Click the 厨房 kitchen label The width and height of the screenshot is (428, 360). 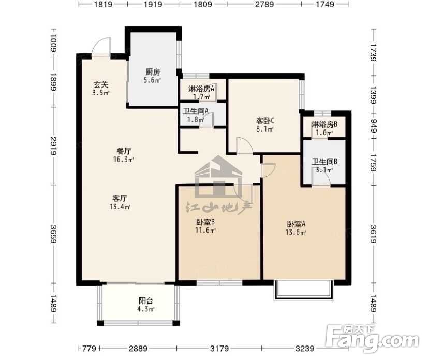(x=153, y=72)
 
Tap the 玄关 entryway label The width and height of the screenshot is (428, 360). (x=101, y=84)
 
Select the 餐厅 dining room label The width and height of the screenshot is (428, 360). (x=124, y=151)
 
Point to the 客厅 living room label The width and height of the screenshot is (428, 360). (x=120, y=198)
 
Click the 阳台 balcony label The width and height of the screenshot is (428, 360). (x=146, y=301)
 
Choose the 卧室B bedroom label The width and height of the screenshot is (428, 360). (x=205, y=222)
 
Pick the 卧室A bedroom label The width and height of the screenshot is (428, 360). (x=296, y=224)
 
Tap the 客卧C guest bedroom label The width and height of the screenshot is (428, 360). (x=265, y=121)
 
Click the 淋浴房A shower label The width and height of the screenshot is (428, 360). (x=201, y=89)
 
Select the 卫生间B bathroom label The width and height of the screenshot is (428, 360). (x=324, y=162)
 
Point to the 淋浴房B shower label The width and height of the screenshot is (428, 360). (x=324, y=124)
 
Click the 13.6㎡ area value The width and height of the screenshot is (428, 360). (x=296, y=233)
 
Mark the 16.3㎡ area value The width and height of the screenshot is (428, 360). (x=124, y=159)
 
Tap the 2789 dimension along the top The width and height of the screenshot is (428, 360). (x=264, y=4)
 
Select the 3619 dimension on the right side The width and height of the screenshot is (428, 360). (x=373, y=234)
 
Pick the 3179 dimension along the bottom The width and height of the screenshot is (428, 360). (x=220, y=348)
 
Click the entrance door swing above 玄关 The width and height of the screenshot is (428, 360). (x=101, y=47)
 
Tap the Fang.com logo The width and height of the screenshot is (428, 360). (x=373, y=339)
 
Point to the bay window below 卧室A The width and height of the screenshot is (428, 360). (x=303, y=290)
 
